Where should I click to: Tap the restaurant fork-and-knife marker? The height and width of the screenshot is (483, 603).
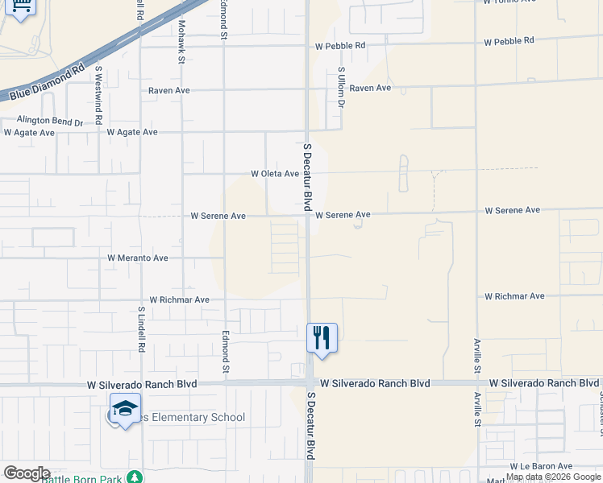(322, 337)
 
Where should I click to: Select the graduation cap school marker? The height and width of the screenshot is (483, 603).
(125, 409)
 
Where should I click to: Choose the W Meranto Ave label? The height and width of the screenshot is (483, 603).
(138, 258)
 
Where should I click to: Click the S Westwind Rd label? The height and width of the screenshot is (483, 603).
(98, 94)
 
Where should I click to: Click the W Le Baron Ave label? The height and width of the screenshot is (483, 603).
(540, 466)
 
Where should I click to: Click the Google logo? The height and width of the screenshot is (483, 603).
(26, 473)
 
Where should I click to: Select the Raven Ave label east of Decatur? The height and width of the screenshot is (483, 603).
(370, 88)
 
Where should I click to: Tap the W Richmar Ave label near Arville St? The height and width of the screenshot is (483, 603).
(514, 296)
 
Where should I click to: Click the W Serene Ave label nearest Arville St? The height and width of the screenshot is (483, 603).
(512, 210)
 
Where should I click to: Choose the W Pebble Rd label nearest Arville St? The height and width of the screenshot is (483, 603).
(509, 40)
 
